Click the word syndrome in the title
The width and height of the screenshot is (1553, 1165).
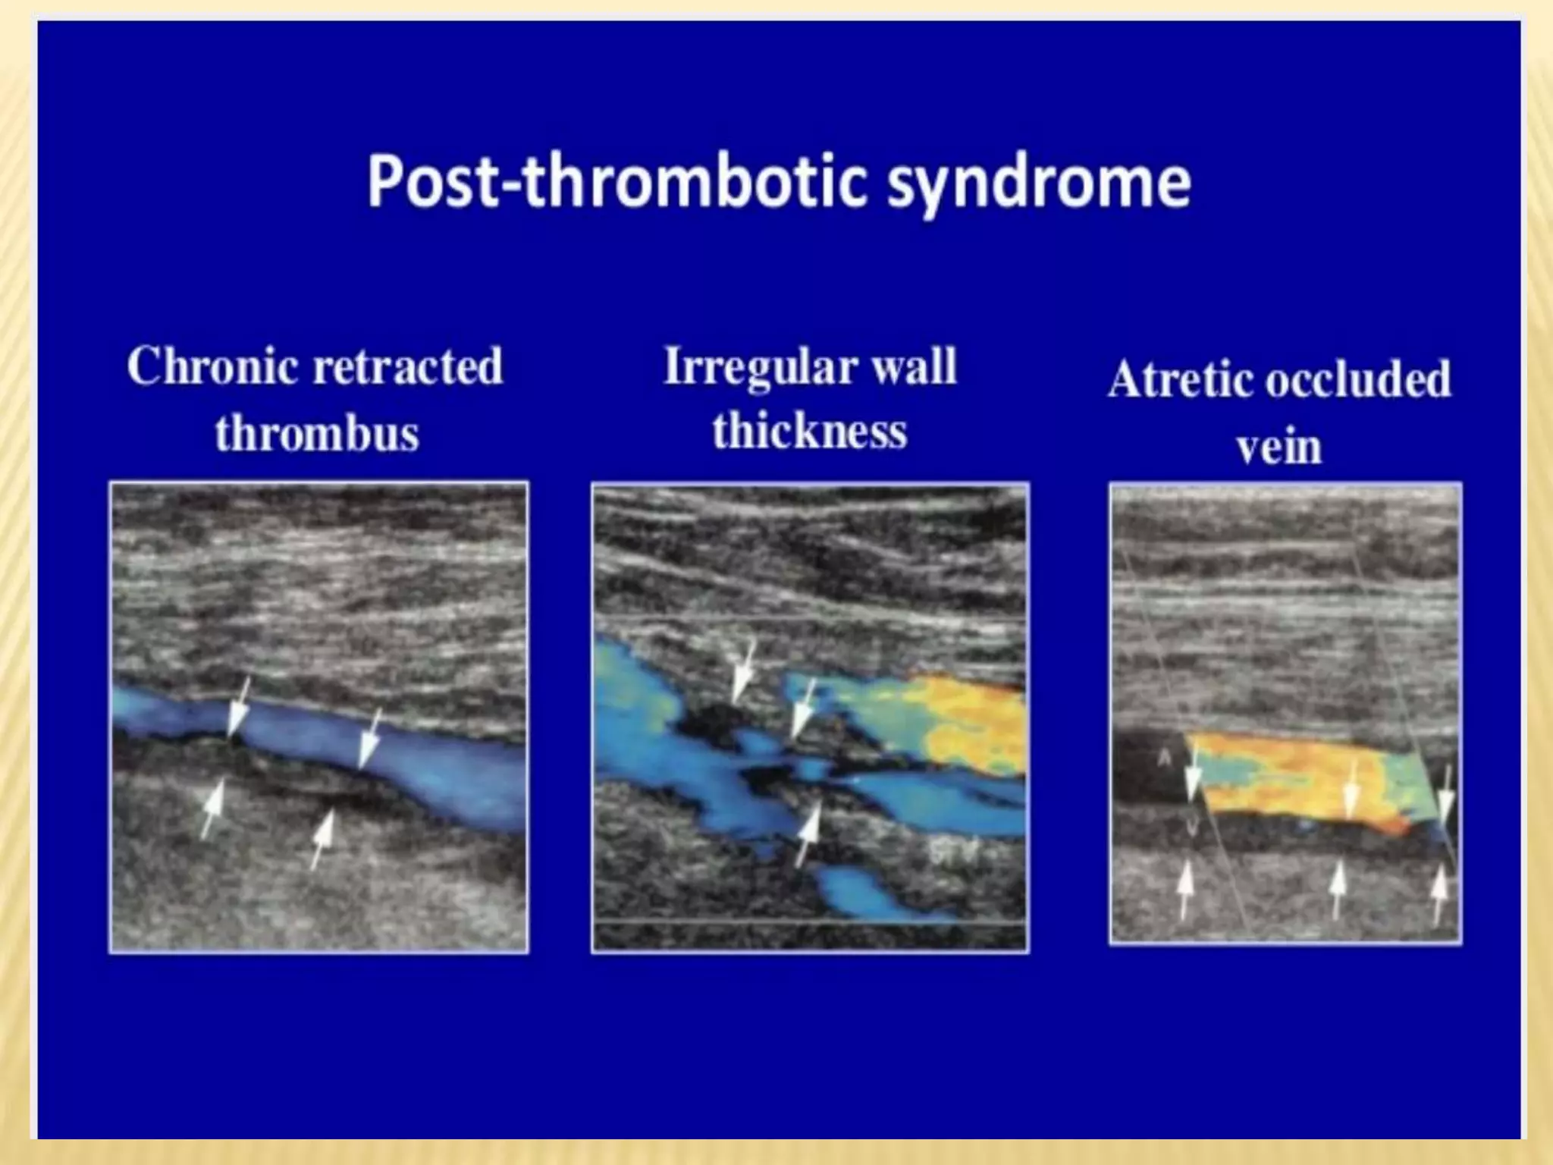[1039, 182]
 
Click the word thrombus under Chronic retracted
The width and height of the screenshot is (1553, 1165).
[317, 433]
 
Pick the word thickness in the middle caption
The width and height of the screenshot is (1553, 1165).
[809, 431]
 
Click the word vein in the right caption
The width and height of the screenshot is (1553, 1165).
[1279, 447]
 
